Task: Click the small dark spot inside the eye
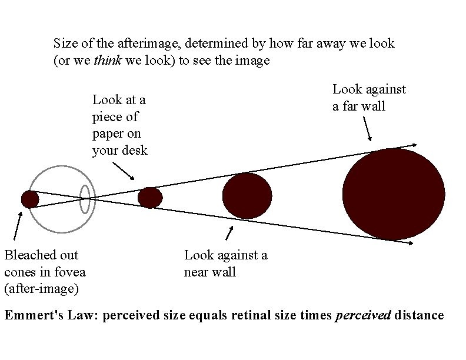[x=30, y=199]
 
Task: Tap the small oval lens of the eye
[x=85, y=199]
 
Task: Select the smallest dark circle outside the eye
[x=150, y=197]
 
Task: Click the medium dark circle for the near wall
[x=247, y=196]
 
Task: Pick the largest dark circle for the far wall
[x=393, y=194]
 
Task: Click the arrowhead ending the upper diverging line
[x=414, y=145]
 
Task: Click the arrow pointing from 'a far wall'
[x=367, y=128]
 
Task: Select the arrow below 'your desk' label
[x=123, y=170]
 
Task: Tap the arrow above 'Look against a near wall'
[x=229, y=234]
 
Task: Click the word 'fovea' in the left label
[x=70, y=272]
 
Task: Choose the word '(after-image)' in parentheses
[x=41, y=289]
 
